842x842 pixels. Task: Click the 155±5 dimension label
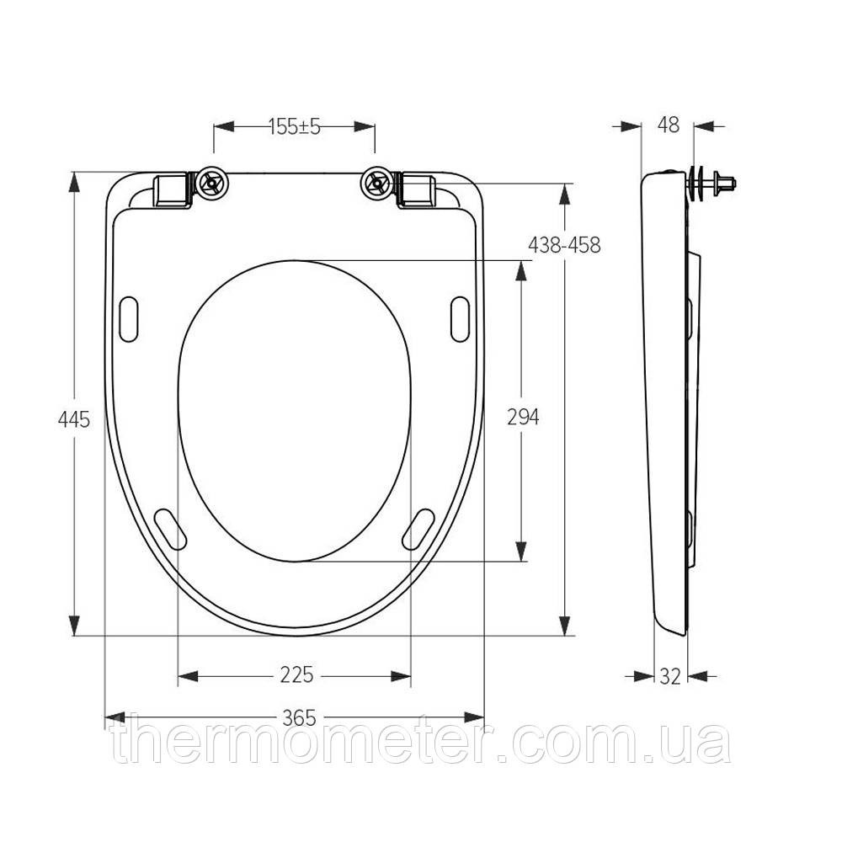tap(294, 127)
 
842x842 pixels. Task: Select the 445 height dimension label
tap(74, 419)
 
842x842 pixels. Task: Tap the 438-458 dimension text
tap(564, 245)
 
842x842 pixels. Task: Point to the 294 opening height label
tap(523, 417)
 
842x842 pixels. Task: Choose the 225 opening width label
tap(296, 674)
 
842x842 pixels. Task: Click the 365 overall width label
tap(299, 717)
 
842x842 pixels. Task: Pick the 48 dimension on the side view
tap(668, 125)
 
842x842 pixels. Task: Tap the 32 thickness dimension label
tap(670, 676)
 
